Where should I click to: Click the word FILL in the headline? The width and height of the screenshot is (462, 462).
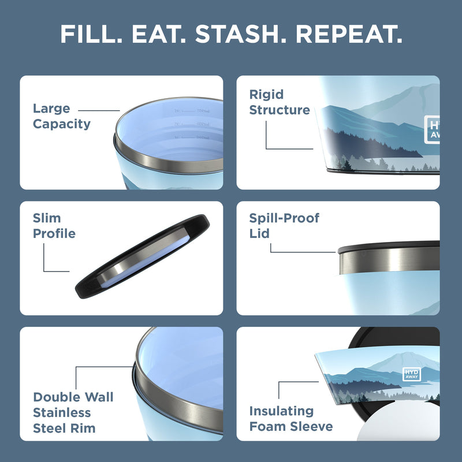coord(91,35)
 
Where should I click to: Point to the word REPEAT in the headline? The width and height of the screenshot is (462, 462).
coord(348,35)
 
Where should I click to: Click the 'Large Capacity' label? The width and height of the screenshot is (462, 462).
coord(62,116)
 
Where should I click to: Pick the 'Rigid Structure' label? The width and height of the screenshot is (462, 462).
coord(280,102)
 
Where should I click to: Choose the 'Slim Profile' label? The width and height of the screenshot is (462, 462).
coord(54,226)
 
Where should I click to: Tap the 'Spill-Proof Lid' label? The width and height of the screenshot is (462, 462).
coord(284,226)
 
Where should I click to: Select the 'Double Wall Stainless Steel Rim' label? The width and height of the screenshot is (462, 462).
coord(73,412)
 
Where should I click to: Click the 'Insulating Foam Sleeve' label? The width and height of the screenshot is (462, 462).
coord(291,419)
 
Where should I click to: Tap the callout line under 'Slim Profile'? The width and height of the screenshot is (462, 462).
coord(55,271)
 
